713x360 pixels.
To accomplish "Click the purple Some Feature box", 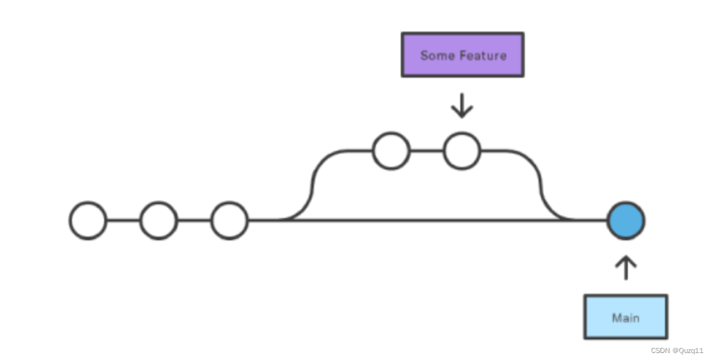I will (x=462, y=55).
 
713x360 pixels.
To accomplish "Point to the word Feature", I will (x=483, y=56).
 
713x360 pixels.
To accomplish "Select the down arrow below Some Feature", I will (x=462, y=105).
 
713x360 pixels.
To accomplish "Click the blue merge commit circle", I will (x=625, y=221).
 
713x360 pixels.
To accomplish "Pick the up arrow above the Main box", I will (x=625, y=268).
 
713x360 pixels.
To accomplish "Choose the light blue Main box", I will (x=625, y=317).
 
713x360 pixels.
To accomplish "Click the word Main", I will (x=625, y=318).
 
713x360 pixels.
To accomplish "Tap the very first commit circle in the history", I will (x=88, y=220).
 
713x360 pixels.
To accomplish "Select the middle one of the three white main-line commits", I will (x=159, y=220).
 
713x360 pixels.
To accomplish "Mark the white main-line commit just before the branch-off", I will (x=230, y=220).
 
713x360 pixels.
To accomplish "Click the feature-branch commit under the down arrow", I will (x=462, y=151).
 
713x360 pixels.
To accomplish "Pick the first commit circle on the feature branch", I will (x=391, y=151).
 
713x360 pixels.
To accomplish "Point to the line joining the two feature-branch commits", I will (x=426, y=151).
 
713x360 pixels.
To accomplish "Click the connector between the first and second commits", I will (x=123, y=220).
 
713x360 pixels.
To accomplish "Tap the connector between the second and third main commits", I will (x=195, y=220).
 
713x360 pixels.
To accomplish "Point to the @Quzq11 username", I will (x=688, y=351).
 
